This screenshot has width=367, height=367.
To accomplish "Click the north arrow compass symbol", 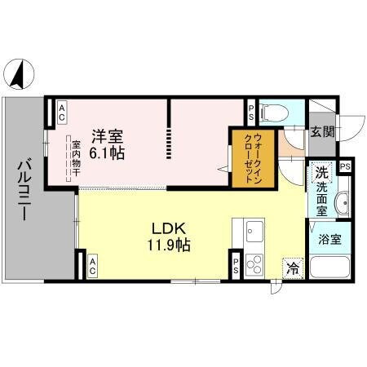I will (17, 75).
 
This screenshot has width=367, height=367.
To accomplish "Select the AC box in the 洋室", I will (60, 113).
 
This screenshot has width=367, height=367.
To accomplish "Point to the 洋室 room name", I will (107, 135).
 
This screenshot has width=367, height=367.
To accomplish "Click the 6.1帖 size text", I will (108, 153).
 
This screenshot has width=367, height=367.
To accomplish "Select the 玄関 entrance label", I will (322, 132).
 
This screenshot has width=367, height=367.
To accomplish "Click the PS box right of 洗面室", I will (346, 167).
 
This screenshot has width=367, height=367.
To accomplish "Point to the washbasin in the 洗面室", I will (340, 204).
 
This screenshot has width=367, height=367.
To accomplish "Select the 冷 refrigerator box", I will (291, 266).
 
